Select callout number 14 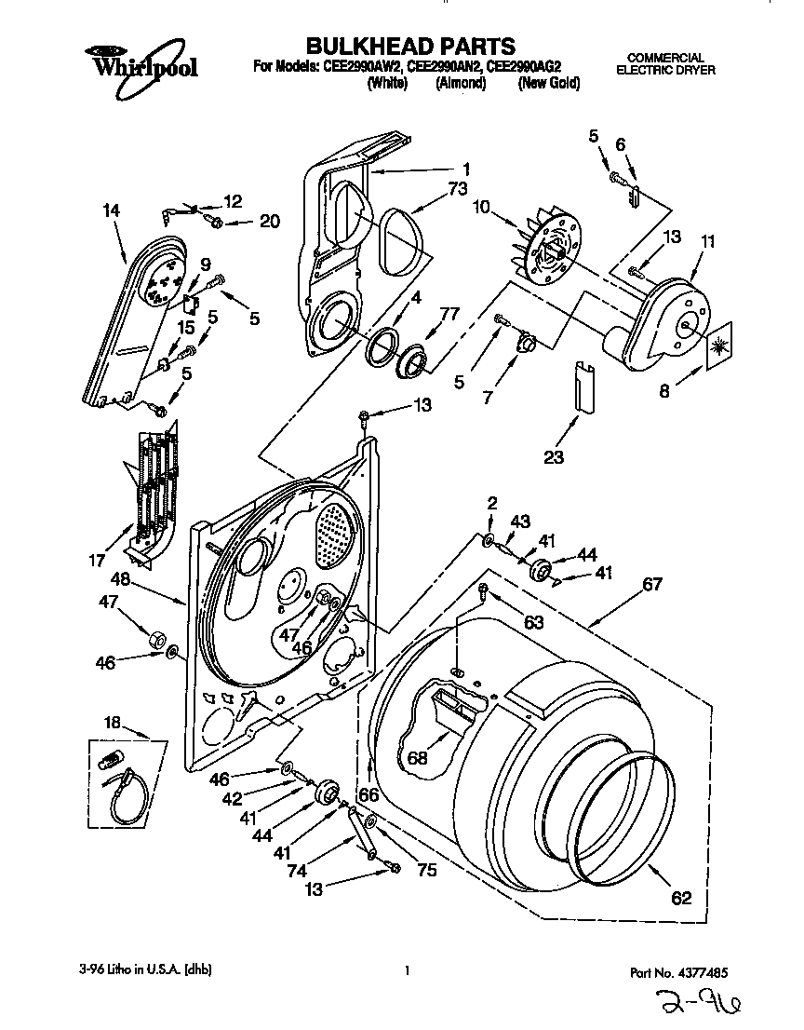pyautogui.click(x=111, y=211)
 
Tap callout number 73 pyautogui.click(x=457, y=187)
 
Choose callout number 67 pyautogui.click(x=652, y=584)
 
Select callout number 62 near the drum pyautogui.click(x=681, y=898)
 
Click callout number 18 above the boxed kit pyautogui.click(x=112, y=723)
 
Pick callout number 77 pyautogui.click(x=450, y=314)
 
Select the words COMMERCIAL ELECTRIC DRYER pyautogui.click(x=665, y=63)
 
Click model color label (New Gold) pyautogui.click(x=548, y=83)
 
